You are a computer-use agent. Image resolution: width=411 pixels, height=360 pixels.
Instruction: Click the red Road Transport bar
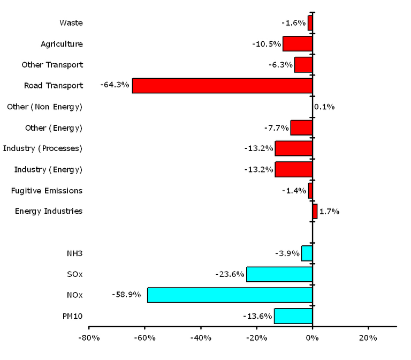[222, 86]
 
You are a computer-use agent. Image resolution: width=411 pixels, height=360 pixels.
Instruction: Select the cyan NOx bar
[230, 295]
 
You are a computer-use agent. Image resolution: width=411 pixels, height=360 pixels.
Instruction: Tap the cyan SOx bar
[279, 274]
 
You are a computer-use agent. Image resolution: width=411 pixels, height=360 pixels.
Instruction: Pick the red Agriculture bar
[298, 44]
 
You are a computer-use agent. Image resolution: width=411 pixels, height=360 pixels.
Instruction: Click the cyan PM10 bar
[293, 316]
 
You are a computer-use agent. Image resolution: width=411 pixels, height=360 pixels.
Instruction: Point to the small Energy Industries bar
[315, 212]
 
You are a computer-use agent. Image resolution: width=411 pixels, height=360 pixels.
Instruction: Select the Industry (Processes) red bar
[294, 149]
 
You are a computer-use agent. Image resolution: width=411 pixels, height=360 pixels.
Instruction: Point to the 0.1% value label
[324, 107]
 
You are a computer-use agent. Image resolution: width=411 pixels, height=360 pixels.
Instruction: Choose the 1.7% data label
[329, 212]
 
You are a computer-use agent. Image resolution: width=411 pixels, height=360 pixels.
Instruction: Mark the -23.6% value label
[229, 274]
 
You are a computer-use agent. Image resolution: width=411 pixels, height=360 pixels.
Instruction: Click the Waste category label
[71, 23]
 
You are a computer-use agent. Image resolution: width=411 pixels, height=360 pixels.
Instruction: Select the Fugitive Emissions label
[47, 191]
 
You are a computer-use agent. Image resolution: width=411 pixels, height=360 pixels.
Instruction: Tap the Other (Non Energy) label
[45, 107]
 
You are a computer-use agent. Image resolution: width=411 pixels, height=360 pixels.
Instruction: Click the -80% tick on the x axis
[88, 338]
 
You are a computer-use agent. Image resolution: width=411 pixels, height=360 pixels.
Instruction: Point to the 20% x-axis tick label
[368, 338]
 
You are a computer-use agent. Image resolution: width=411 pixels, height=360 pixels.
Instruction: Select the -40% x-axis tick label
[201, 338]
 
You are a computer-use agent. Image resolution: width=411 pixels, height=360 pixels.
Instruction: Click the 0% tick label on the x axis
[313, 338]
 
